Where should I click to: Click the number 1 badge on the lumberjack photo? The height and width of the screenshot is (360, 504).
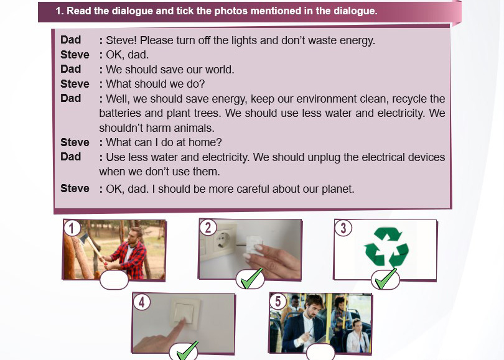click(x=72, y=228)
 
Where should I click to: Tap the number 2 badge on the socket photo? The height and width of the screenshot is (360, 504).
click(x=208, y=228)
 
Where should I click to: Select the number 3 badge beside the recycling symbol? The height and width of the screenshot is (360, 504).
click(x=343, y=228)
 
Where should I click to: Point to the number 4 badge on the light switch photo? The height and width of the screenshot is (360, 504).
click(x=141, y=302)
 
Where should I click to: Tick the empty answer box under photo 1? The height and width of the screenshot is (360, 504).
click(x=114, y=280)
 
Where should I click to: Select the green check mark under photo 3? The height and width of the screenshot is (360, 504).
click(x=386, y=279)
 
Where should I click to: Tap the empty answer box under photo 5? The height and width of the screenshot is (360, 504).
click(x=320, y=352)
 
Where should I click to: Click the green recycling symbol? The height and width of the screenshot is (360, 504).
click(x=386, y=247)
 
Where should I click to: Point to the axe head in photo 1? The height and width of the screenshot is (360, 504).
click(x=84, y=238)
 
